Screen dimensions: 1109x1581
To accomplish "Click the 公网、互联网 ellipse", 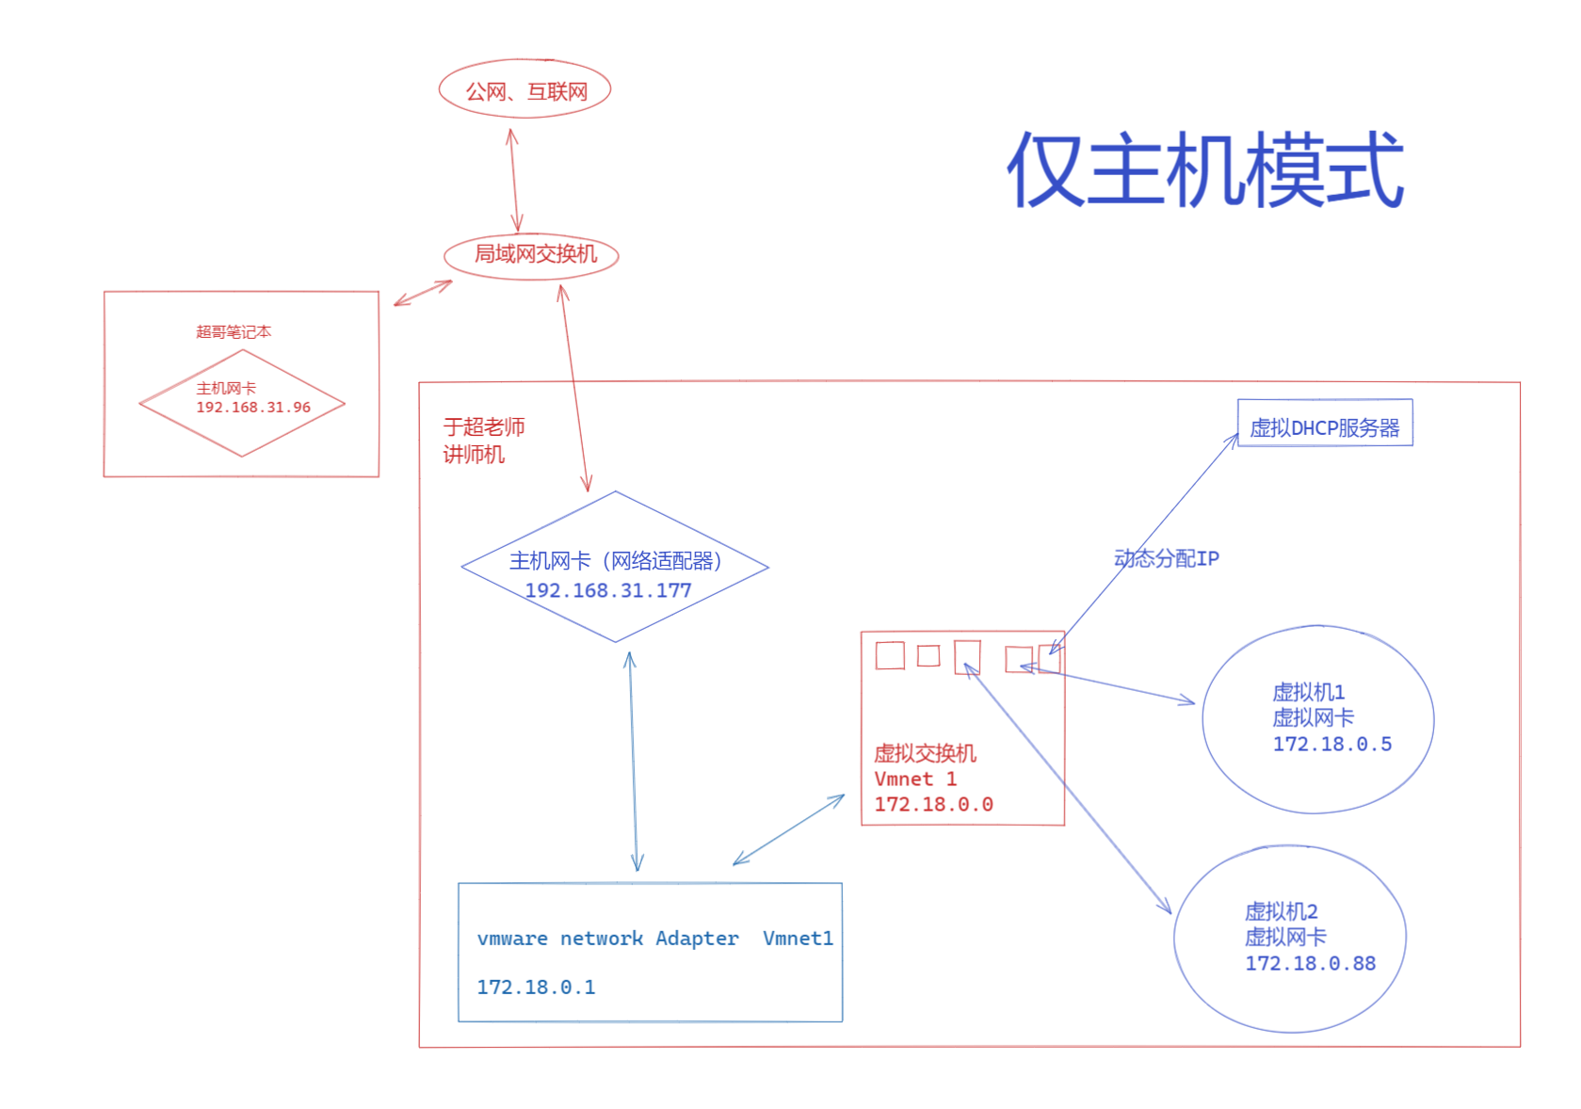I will [525, 90].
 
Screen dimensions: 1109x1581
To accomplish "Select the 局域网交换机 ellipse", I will [532, 254].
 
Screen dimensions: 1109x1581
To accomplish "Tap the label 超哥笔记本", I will [233, 331].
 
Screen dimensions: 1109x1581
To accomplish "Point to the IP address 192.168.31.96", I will [252, 408].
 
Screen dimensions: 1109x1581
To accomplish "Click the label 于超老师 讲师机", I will [483, 441].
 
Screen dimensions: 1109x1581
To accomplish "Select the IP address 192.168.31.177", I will [607, 590].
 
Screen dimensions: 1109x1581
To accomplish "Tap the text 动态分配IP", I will [1166, 558].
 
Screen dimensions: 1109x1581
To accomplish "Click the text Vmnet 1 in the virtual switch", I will [915, 779].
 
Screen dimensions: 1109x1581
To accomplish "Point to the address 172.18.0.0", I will [933, 804].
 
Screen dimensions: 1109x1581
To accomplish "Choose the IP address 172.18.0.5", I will [1331, 744].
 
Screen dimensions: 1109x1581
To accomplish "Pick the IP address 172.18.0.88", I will [1310, 963].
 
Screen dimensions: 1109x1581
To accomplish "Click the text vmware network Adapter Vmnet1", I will [654, 938].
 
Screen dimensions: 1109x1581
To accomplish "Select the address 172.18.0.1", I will [536, 987].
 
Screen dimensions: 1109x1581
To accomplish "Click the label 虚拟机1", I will [1308, 692].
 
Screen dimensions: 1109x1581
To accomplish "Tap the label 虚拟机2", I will [1281, 911].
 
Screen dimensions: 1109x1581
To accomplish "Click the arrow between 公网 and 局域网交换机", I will [514, 179].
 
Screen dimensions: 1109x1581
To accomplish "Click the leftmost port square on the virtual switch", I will [890, 655].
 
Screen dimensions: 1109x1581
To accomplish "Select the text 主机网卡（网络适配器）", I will [615, 561].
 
